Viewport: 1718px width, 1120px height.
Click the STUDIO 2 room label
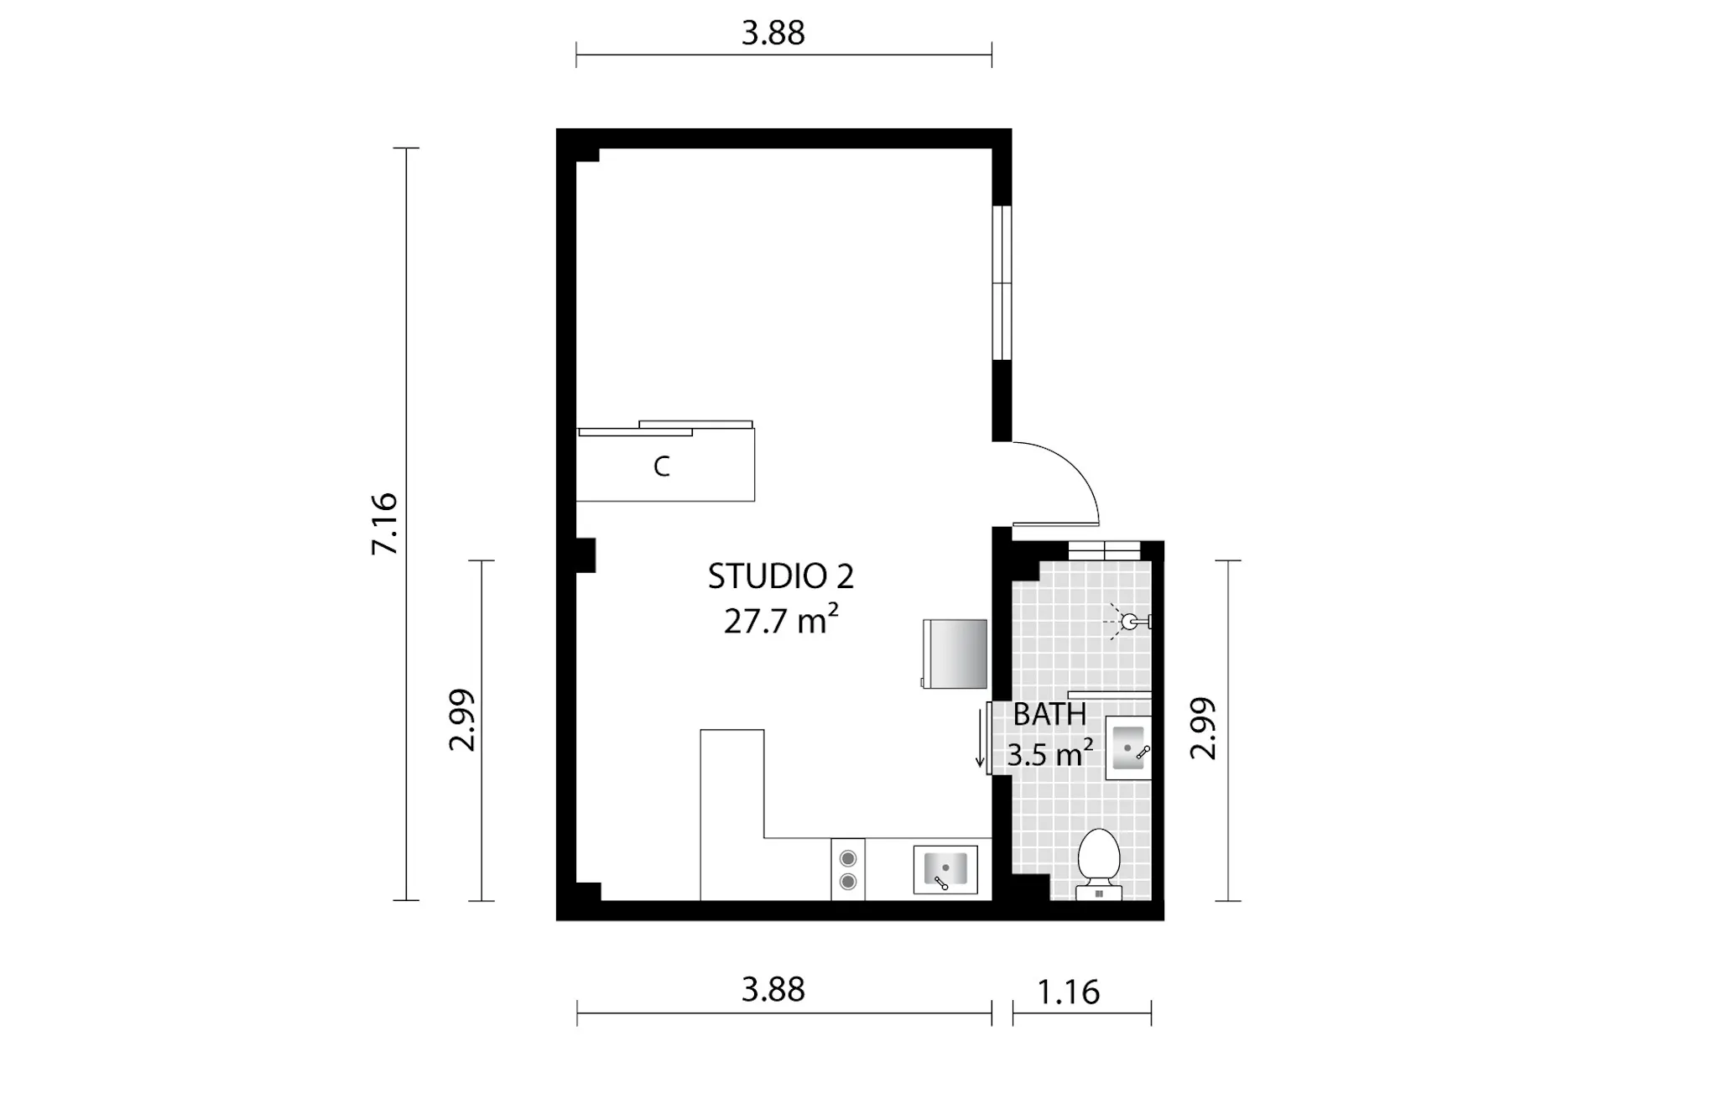[781, 576]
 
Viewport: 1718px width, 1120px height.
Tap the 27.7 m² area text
[781, 621]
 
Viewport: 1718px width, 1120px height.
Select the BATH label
[1049, 715]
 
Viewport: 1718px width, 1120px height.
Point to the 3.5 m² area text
[1049, 754]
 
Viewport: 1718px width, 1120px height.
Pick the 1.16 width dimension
[1068, 992]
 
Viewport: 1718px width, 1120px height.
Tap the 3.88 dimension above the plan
[773, 33]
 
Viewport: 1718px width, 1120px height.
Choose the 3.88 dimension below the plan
[773, 990]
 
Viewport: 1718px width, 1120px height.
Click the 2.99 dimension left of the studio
[462, 720]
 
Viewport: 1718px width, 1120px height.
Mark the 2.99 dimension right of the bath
[1204, 728]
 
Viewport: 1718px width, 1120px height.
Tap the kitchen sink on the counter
[945, 870]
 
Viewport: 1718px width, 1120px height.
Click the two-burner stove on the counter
[848, 870]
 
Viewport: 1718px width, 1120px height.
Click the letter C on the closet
[662, 466]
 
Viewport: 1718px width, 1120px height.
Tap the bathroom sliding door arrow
[979, 739]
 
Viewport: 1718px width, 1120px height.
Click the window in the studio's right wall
[1002, 283]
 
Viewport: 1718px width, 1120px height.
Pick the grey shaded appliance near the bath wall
[955, 654]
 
